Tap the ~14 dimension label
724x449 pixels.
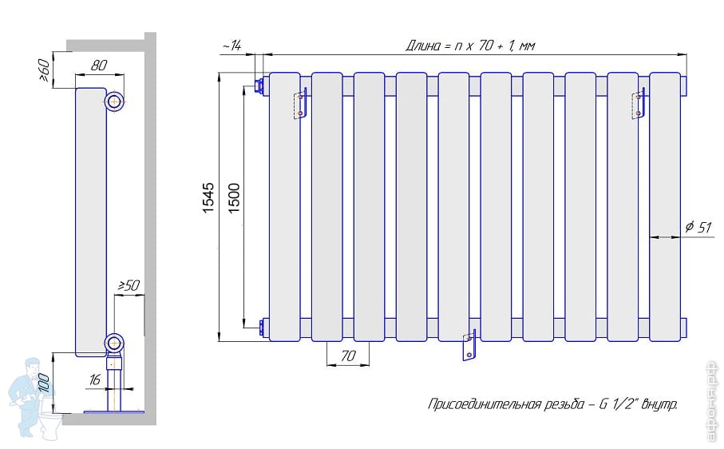[x=231, y=47]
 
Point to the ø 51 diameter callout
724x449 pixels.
[x=698, y=228]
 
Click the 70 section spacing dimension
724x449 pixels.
[x=347, y=357]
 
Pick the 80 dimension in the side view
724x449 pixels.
[x=98, y=66]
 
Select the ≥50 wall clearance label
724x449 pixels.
[x=129, y=285]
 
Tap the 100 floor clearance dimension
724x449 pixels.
[x=45, y=382]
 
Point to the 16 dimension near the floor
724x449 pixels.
[x=95, y=380]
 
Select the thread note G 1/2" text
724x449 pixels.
[x=552, y=405]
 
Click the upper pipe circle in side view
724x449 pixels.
[x=115, y=101]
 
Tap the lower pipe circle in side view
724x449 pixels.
[x=115, y=344]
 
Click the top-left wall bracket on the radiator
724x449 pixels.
[x=300, y=105]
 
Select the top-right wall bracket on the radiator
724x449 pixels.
[x=638, y=105]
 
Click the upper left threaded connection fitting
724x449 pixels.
[x=259, y=83]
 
